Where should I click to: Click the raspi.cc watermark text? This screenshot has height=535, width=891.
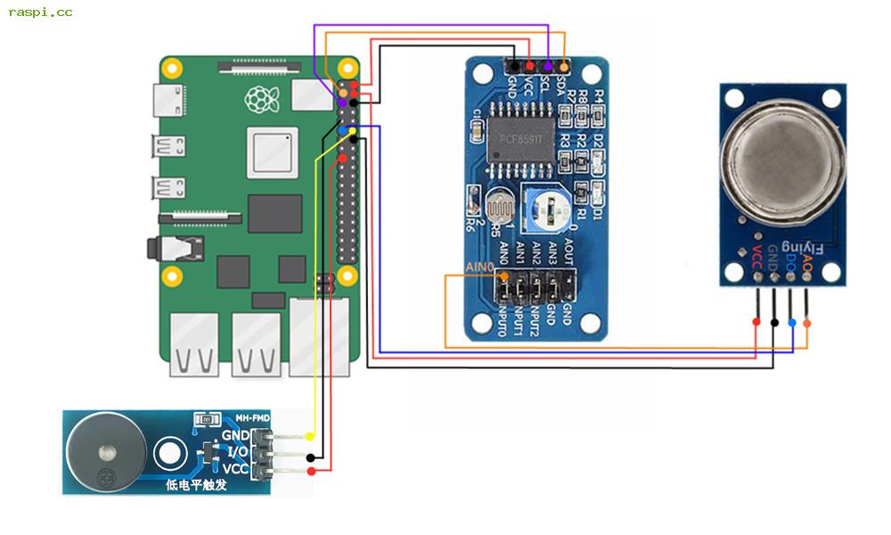click(x=40, y=12)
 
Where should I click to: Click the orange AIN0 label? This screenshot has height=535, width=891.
click(x=479, y=267)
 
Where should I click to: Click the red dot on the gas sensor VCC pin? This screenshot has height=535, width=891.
click(x=756, y=322)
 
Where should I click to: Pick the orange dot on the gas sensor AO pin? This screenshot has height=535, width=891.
click(x=806, y=322)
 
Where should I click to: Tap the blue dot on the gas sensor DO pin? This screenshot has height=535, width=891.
click(x=790, y=322)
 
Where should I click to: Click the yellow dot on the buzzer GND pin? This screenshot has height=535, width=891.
click(x=309, y=436)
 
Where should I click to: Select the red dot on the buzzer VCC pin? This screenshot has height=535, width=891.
click(x=311, y=471)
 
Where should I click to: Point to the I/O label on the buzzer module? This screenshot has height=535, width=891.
click(x=236, y=452)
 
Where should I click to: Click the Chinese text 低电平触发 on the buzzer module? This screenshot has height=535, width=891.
click(x=197, y=485)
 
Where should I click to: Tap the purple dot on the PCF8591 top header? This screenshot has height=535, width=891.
click(x=547, y=67)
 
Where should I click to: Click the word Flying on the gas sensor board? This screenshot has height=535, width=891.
click(x=804, y=245)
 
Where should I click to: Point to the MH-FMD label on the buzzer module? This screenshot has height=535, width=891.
click(x=252, y=417)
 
